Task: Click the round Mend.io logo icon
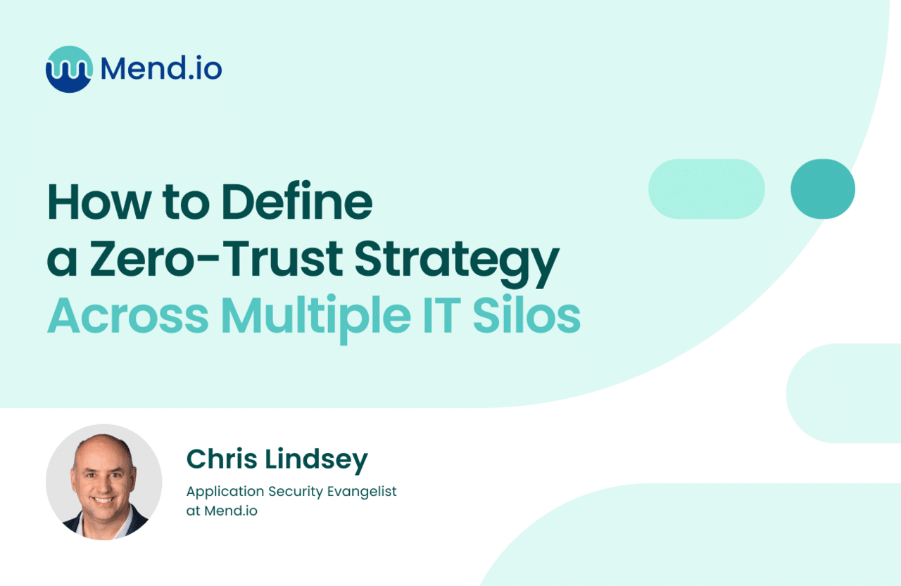coord(69,69)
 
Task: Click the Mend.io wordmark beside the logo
coord(161,69)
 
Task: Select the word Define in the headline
coord(296,202)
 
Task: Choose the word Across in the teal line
coord(127,317)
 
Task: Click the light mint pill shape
coord(706,189)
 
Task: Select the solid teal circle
coord(822,189)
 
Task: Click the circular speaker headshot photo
coord(104,482)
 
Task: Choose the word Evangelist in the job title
coord(363,492)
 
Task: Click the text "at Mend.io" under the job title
coord(222,511)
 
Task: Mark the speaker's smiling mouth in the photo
coord(103,501)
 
